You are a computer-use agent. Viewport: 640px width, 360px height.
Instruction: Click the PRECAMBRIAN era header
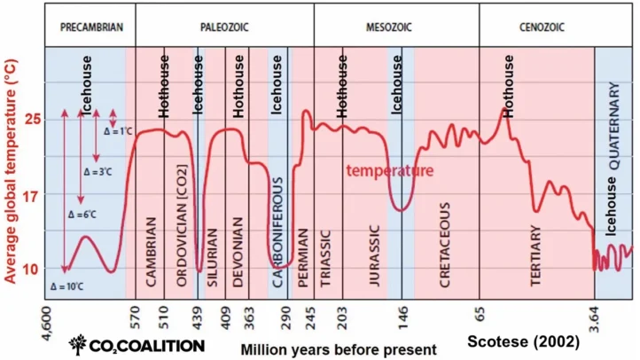(85, 27)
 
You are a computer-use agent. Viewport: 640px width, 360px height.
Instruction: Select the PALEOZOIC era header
(220, 27)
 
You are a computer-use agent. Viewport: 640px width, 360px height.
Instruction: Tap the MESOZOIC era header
(396, 27)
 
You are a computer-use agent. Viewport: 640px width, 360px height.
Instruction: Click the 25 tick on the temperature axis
(33, 119)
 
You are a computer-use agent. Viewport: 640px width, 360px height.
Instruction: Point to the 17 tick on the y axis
(33, 195)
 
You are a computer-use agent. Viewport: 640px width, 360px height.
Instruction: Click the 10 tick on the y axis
(33, 269)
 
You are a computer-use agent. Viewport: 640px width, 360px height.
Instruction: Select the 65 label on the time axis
(480, 313)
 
